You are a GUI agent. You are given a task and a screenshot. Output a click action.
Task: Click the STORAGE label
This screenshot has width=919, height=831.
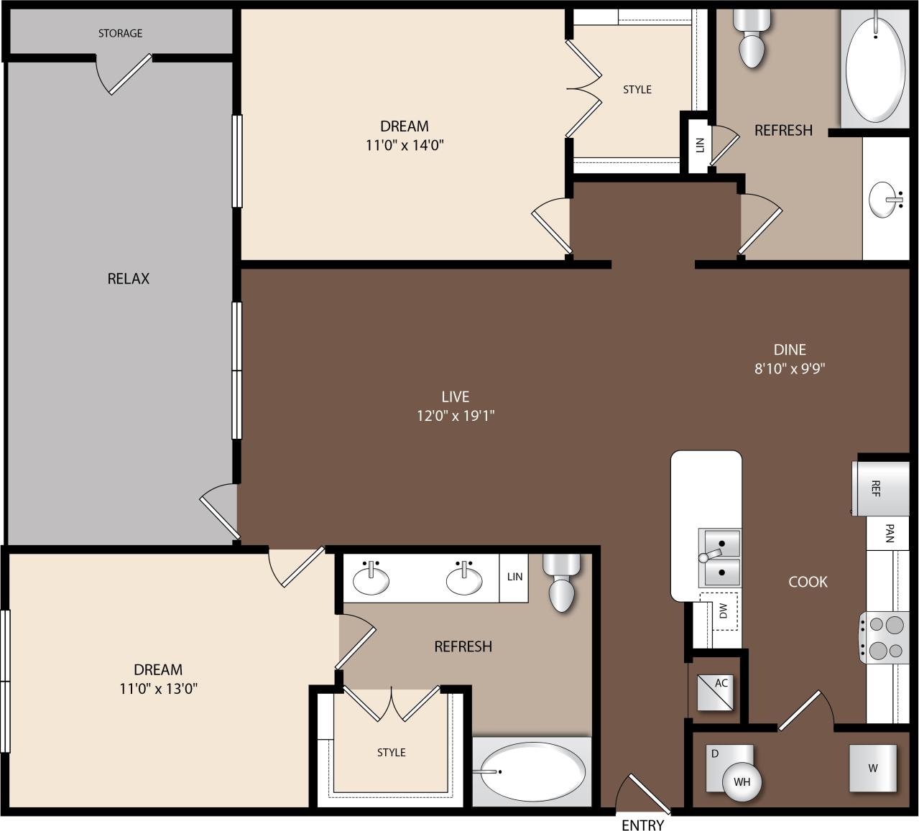click(120, 33)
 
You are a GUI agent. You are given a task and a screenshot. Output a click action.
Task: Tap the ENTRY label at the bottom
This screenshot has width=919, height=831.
click(642, 825)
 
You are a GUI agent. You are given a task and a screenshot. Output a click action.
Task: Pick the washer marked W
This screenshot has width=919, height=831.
click(872, 768)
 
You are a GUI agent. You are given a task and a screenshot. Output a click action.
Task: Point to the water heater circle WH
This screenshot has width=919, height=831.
click(742, 781)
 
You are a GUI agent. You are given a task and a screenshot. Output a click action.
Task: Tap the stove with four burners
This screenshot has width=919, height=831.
click(885, 638)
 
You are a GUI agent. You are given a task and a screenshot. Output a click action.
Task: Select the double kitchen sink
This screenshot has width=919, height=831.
click(720, 557)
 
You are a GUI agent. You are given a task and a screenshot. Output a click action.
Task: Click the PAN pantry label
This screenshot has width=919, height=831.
click(890, 533)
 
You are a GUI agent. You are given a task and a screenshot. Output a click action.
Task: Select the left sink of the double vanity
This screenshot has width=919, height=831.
click(371, 580)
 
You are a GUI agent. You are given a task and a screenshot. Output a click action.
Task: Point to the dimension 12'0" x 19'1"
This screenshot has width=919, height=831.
click(456, 415)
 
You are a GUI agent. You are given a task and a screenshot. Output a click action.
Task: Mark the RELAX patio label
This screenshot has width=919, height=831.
click(128, 279)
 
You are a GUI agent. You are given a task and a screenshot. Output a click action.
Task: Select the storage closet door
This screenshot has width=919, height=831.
click(129, 74)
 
